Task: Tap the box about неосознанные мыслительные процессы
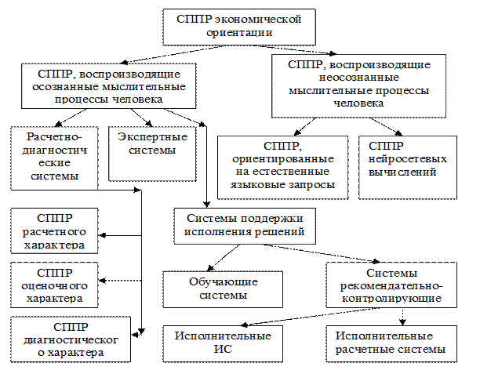(358, 85)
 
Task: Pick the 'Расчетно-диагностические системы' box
(55, 156)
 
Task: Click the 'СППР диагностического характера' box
(70, 339)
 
